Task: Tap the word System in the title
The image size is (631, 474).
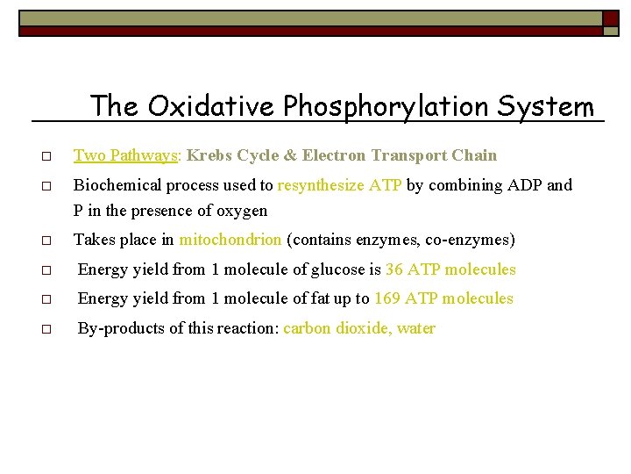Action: (545, 107)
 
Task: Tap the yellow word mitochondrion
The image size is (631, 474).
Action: (230, 240)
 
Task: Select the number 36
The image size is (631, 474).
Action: (394, 269)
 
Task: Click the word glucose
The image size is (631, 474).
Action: (334, 269)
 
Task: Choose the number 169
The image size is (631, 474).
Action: (388, 298)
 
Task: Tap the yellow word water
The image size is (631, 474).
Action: (415, 328)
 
